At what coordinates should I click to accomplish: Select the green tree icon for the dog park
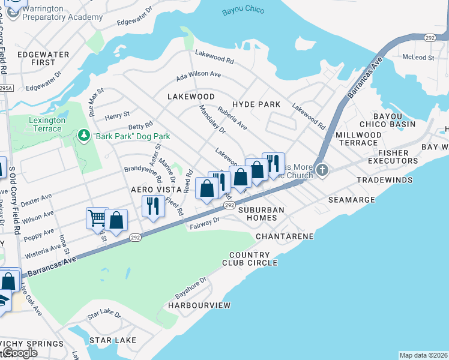(x=84, y=136)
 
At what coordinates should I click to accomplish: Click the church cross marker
(x=322, y=171)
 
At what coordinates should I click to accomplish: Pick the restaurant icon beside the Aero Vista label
(x=152, y=206)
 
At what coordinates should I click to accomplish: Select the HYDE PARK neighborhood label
(x=256, y=104)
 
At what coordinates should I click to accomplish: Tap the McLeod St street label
(x=418, y=58)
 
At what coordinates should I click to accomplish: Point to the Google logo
(x=19, y=353)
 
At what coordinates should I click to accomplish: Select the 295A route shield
(x=4, y=88)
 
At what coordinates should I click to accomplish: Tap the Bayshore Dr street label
(x=191, y=288)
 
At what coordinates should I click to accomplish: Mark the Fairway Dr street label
(x=205, y=223)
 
